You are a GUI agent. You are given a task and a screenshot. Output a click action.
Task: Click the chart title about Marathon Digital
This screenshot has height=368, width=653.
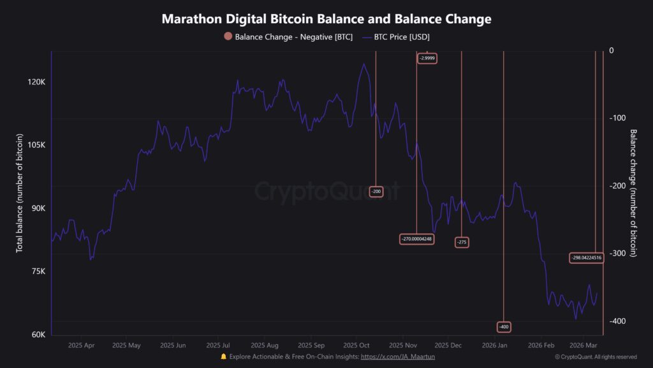326,19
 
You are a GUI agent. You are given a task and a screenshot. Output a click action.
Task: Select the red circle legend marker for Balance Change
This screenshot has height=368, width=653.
228,37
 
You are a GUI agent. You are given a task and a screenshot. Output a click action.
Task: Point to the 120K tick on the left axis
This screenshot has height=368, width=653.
37,82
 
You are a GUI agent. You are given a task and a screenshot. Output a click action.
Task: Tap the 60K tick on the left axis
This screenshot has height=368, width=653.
37,335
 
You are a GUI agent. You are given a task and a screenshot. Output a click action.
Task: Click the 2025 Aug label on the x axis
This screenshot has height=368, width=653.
263,345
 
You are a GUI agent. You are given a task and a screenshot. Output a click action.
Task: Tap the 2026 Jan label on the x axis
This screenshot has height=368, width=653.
494,345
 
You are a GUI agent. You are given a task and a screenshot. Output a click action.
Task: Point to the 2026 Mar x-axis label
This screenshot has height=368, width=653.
583,345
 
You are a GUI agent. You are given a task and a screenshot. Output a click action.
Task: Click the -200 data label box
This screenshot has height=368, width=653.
376,192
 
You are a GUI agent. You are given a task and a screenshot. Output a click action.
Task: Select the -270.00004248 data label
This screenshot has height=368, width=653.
417,239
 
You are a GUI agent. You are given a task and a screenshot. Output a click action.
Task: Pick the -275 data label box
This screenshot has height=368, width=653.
462,242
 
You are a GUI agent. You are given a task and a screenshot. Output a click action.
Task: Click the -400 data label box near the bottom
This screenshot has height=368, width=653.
504,326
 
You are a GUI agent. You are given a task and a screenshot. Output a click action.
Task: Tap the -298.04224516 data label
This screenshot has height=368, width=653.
586,257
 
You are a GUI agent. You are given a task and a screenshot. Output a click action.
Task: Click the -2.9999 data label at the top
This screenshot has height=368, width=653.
427,58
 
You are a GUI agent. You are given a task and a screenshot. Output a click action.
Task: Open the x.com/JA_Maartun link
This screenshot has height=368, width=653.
398,356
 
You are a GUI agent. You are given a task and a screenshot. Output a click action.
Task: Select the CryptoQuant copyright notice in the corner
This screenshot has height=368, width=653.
596,356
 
